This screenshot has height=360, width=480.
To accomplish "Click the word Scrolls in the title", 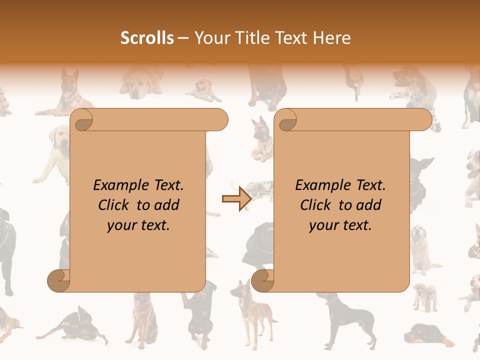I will pyautogui.click(x=147, y=38).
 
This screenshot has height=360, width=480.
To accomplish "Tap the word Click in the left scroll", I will pyautogui.click(x=116, y=205).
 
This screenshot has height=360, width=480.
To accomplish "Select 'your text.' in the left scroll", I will pyautogui.click(x=138, y=225).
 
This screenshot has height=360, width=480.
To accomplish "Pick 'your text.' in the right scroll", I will pyautogui.click(x=340, y=225).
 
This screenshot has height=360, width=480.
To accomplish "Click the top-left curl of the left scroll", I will pyautogui.click(x=82, y=120).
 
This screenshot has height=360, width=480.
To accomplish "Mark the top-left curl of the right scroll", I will pyautogui.click(x=286, y=120).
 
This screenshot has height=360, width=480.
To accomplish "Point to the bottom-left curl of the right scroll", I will pyautogui.click(x=262, y=281).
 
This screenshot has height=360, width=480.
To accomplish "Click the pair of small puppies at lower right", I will pyautogui.click(x=425, y=296).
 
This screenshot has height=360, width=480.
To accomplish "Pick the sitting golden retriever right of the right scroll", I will pyautogui.click(x=422, y=247).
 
